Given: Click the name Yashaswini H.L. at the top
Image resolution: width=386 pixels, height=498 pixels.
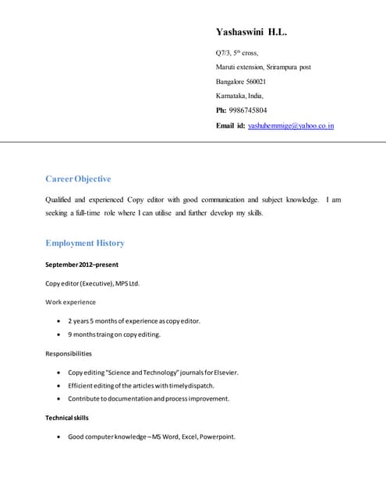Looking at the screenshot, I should click(251, 33).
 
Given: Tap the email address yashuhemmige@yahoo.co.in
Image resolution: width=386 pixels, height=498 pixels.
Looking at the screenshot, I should click(291, 125).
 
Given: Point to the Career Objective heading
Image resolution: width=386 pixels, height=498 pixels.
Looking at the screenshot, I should click(78, 179).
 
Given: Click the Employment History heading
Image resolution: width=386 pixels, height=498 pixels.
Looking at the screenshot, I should click(85, 243).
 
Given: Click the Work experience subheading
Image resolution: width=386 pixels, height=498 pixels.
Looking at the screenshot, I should click(71, 302).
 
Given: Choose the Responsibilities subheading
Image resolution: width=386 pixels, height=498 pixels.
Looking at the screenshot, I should click(69, 353).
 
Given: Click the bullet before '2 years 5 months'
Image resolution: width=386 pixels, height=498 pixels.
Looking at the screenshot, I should click(60, 321).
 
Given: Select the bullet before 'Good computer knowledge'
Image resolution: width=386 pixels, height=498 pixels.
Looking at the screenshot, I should click(60, 437).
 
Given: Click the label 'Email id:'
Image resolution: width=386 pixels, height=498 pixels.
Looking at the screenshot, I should click(230, 125).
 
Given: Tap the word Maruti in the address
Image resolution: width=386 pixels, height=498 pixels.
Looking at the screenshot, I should click(226, 67).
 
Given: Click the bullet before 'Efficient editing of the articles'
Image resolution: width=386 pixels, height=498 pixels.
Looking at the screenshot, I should click(60, 385).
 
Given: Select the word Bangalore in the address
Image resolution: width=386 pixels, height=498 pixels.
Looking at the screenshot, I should click(230, 82).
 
